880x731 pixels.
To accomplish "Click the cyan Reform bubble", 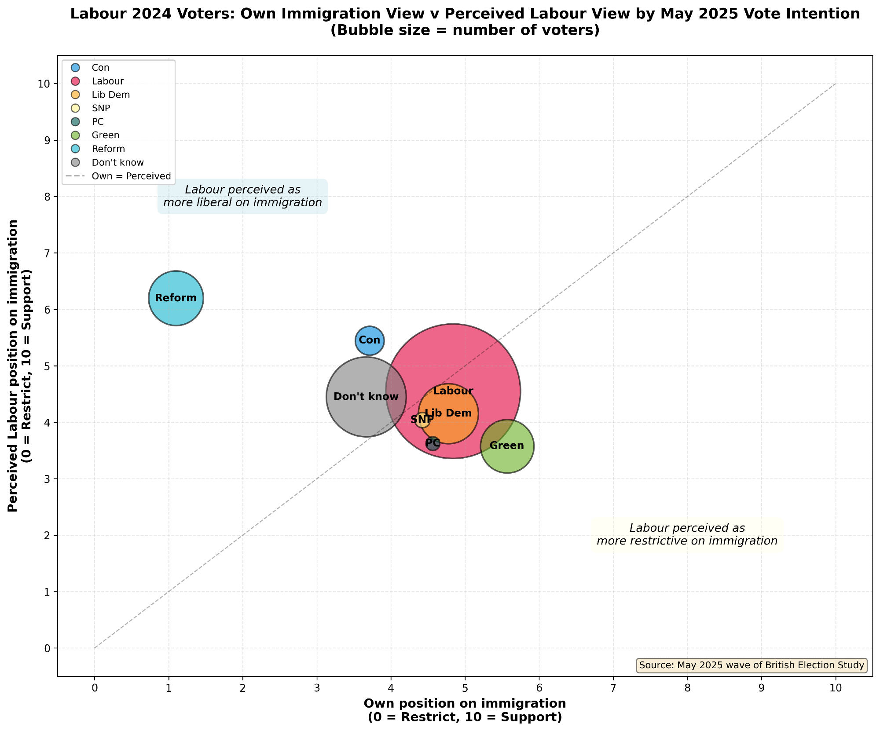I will pos(176,298).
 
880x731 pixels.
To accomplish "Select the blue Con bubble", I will pos(370,340).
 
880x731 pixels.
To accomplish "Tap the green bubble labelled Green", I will pos(507,446).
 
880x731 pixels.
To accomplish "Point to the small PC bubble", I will pos(433,443).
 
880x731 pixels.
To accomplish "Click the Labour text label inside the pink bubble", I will pos(453,391).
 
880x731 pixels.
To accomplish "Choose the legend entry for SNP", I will pos(101,108).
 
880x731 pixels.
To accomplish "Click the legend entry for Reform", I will pos(108,149).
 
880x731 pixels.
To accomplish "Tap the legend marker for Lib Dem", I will pos(75,95).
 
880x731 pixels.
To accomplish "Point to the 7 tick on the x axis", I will pos(613,687).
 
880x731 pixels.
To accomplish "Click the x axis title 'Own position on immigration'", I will pos(465,704).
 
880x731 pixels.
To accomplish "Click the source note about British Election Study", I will pos(752,665).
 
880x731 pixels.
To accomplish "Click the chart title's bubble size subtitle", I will pos(465,31).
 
